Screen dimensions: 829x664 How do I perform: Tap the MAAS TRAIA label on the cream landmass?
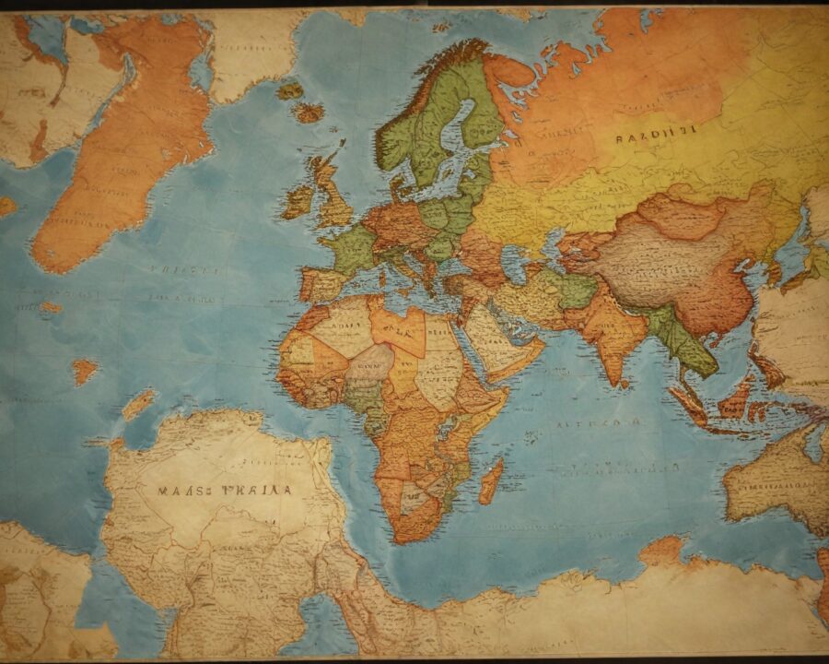pos(225,491)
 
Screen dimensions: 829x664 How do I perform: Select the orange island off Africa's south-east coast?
pos(492,480)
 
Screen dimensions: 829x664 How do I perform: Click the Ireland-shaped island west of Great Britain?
pos(297,201)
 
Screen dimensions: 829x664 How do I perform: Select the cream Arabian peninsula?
pos(497,341)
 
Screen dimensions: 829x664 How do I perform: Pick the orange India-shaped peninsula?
pos(613,337)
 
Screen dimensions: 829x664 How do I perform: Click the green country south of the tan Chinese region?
pos(682,341)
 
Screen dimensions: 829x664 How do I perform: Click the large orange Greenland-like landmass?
pos(120,148)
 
